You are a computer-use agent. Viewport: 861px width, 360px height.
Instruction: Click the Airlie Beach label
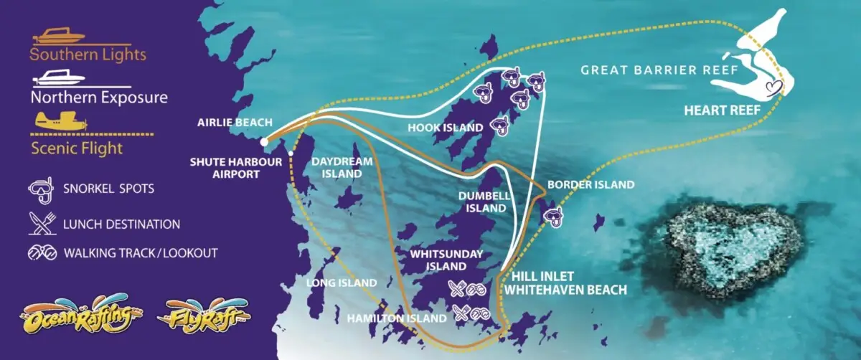pos(230,122)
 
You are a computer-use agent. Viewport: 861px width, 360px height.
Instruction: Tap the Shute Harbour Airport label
pos(237,167)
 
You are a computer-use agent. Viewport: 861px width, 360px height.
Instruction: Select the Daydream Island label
pos(342,167)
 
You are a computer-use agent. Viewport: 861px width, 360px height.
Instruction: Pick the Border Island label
pos(591,184)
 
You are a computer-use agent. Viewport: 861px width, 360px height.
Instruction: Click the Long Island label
pos(342,283)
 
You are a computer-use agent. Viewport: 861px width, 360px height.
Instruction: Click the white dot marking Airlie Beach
pos(265,141)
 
